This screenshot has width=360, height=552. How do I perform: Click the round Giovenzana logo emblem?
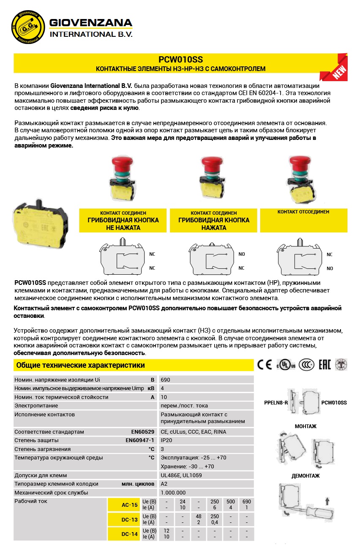[28, 26]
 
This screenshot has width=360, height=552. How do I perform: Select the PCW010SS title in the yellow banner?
[180, 60]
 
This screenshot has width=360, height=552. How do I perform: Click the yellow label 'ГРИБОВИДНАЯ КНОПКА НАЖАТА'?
[213, 224]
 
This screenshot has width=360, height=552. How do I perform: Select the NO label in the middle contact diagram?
[242, 254]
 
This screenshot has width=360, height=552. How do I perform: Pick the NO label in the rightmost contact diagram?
[330, 268]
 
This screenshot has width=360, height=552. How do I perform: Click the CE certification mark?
[265, 365]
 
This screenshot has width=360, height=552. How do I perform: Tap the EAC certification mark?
[323, 365]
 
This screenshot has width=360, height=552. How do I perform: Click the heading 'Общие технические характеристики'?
[80, 365]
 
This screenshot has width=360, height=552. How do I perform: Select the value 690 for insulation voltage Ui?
[165, 380]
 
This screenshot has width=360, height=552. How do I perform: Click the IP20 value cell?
[166, 440]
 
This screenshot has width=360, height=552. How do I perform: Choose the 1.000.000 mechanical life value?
[173, 493]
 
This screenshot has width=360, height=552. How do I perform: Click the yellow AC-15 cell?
[130, 505]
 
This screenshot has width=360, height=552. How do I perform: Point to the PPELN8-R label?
[275, 403]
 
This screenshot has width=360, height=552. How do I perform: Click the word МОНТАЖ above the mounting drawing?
[305, 426]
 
